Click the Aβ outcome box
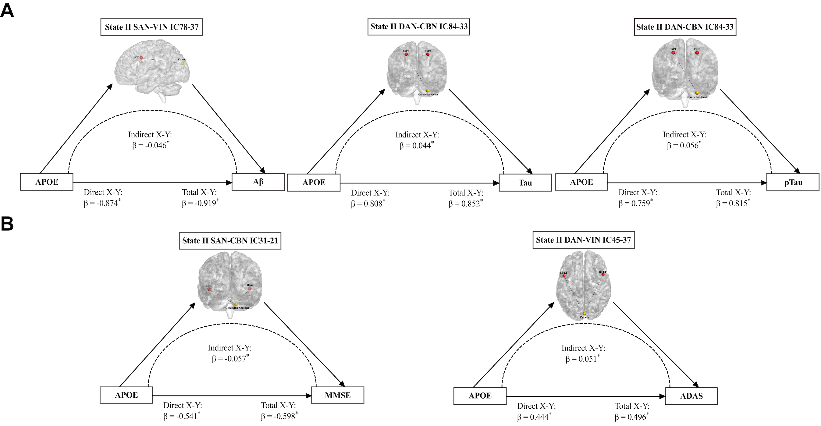pos(258,182)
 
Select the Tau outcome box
pos(525,183)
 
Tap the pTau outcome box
pos(793,183)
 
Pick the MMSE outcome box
pos(338,396)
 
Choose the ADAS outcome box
pos(691,396)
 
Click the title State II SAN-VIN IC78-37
pos(151,27)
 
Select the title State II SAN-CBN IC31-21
pos(230,240)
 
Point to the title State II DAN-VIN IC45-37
pos(583,240)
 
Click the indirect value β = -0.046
pos(150,146)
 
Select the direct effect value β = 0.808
pos(367,204)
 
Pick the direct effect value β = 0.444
pos(533,417)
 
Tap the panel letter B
pos(7,224)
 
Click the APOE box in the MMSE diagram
pos(126,396)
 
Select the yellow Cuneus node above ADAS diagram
pos(584,314)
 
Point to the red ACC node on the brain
pos(141,58)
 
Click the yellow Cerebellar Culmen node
pos(236,304)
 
